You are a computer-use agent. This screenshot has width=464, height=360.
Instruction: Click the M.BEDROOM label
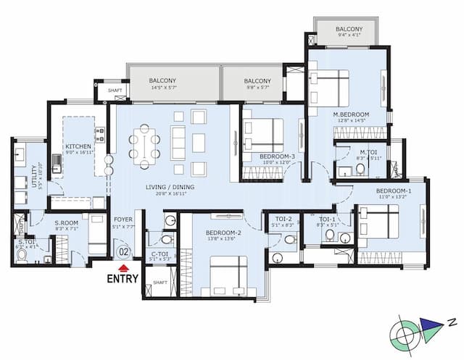351,115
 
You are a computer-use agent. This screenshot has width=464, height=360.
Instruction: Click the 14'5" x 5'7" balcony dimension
164,87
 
